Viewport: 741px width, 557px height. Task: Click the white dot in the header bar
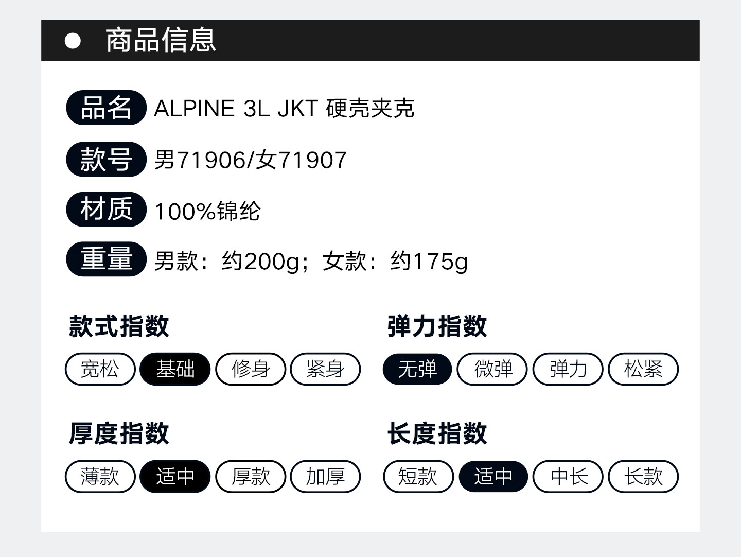[x=73, y=41]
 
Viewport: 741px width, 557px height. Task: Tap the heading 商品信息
[x=161, y=40]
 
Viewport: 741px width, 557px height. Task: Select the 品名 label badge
[x=106, y=108]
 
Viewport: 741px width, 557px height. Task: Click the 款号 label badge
[x=106, y=159]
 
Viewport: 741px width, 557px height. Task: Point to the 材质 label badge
[x=106, y=210]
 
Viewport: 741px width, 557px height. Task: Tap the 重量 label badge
[x=106, y=259]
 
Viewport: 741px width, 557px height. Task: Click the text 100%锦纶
[x=207, y=211]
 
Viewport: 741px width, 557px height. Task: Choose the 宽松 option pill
[x=100, y=369]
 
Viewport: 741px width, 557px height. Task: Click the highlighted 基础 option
[x=175, y=369]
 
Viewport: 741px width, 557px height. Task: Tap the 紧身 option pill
[x=325, y=369]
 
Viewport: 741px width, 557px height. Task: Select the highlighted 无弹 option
[x=417, y=369]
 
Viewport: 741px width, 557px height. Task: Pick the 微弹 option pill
[x=492, y=369]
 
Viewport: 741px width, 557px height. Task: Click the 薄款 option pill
[x=100, y=476]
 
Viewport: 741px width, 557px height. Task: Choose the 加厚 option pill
[x=325, y=476]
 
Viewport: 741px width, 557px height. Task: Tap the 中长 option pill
[x=568, y=476]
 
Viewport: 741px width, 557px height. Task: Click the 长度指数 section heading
[x=437, y=433]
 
